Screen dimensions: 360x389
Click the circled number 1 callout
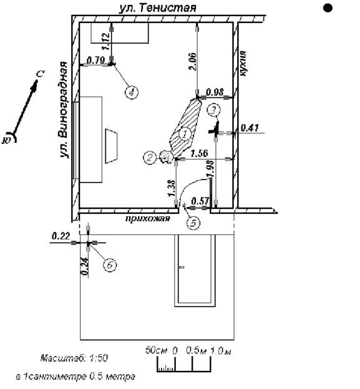(185, 134)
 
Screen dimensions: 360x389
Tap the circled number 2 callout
(150, 157)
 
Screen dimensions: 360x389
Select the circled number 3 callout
(214, 110)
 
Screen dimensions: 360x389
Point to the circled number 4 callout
(132, 92)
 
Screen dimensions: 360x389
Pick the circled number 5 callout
(193, 223)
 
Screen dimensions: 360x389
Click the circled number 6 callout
(110, 265)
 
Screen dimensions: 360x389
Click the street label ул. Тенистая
(158, 7)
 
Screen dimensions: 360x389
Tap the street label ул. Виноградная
(64, 110)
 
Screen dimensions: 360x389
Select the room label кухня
(243, 64)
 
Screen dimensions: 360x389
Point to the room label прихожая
(148, 219)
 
